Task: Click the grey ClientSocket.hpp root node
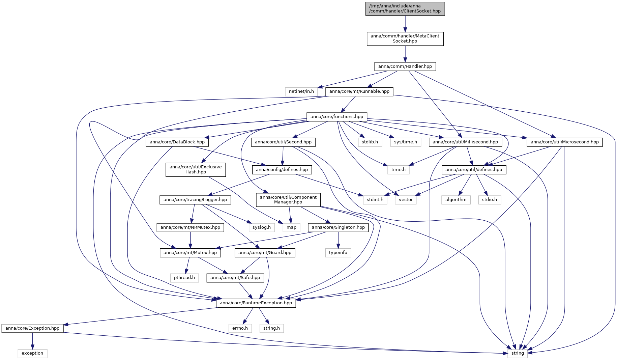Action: click(405, 8)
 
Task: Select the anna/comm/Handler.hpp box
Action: click(405, 66)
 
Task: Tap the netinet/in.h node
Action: click(301, 91)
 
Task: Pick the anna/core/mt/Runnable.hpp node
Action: click(359, 91)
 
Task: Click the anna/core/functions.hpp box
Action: click(337, 117)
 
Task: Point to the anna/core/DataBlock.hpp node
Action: click(177, 142)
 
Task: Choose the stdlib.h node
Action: click(370, 142)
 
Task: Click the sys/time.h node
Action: click(406, 142)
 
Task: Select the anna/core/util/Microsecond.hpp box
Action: click(565, 142)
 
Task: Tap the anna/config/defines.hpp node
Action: click(282, 170)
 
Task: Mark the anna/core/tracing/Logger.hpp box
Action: click(195, 200)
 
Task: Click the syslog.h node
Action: click(262, 227)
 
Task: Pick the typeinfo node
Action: click(338, 253)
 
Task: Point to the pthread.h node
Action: click(184, 278)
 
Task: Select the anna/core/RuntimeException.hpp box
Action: click(256, 303)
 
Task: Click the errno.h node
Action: click(240, 328)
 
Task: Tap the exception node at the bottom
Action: click(32, 353)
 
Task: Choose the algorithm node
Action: click(456, 200)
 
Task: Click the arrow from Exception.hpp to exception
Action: click(32, 341)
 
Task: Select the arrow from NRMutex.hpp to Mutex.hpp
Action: click(190, 240)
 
